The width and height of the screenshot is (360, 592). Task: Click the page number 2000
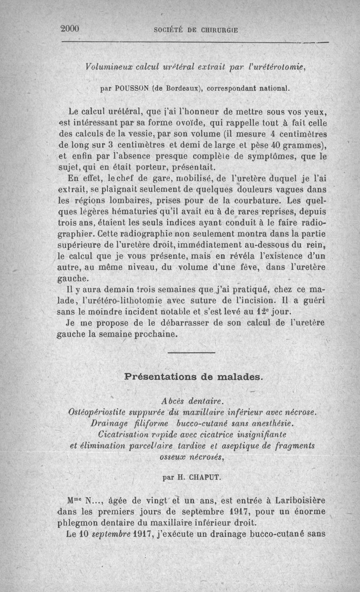pyautogui.click(x=70, y=29)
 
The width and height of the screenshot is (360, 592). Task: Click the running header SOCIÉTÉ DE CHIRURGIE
pyautogui.click(x=195, y=30)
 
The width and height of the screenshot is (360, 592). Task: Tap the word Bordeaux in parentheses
pyautogui.click(x=183, y=88)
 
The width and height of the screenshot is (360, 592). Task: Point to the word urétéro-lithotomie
pyautogui.click(x=128, y=300)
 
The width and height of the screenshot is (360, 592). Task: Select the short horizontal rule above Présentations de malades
pyautogui.click(x=192, y=352)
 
